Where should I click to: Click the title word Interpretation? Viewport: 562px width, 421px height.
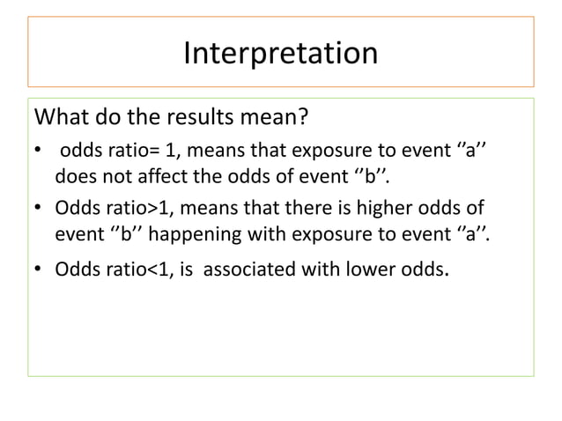click(280, 53)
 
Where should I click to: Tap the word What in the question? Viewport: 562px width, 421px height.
click(59, 118)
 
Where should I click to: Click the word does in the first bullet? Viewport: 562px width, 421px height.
click(74, 181)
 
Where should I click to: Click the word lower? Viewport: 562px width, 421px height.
click(377, 269)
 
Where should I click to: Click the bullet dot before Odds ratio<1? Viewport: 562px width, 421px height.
click(38, 270)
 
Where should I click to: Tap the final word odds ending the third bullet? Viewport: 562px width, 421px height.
click(425, 269)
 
